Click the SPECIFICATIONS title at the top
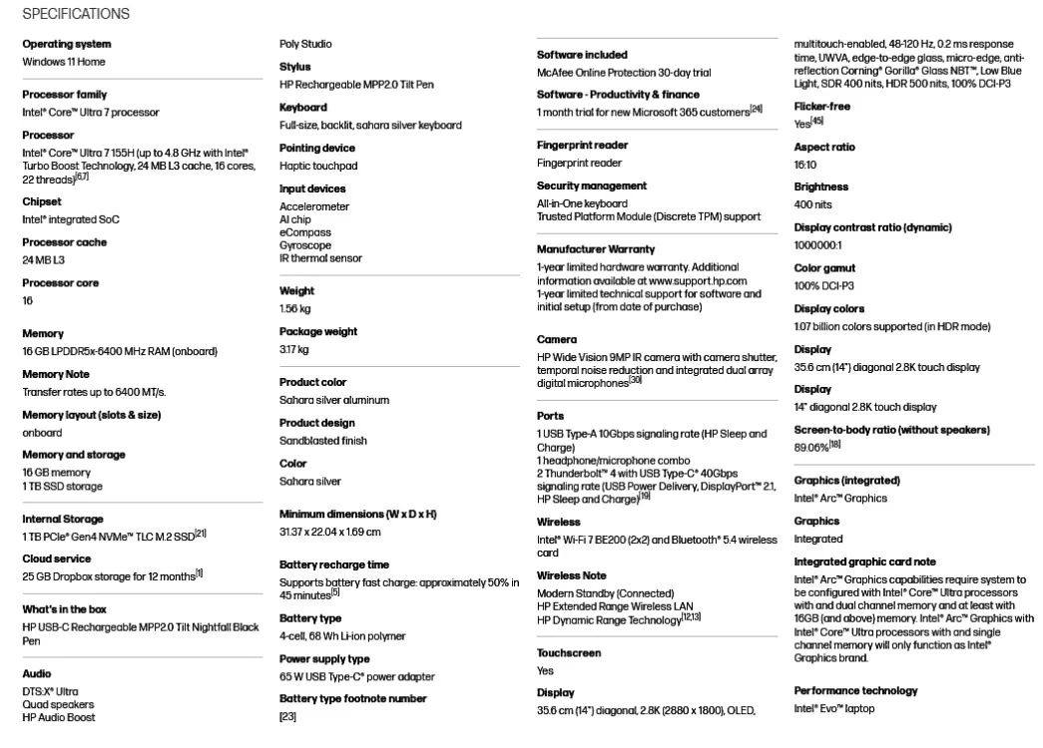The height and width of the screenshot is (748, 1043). pos(76,14)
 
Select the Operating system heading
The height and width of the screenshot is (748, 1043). pos(67,44)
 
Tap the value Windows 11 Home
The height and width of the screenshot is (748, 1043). pos(64,62)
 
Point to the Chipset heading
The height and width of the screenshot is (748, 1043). pos(42,201)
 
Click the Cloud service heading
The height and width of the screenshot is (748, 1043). pos(57,559)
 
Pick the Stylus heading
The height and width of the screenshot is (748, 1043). pos(295,67)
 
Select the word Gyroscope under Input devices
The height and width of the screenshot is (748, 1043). pos(305,245)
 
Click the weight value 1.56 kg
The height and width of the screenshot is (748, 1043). pos(295,309)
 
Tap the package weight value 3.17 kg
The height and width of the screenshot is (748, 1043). pos(294,349)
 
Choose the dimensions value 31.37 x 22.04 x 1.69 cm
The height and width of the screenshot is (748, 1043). pos(329,533)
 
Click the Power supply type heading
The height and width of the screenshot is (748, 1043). pos(324,658)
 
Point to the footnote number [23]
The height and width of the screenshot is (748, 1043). pos(287,716)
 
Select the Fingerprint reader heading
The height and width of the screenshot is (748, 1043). pos(583,146)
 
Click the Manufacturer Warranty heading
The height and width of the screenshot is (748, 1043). pos(596,249)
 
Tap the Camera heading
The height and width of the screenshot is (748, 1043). pos(557,339)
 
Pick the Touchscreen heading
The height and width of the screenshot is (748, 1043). pos(569,653)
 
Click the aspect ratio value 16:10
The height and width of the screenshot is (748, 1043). pos(805,165)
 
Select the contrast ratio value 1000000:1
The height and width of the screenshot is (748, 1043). pos(818,245)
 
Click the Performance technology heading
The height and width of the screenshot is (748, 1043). pos(855,690)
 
